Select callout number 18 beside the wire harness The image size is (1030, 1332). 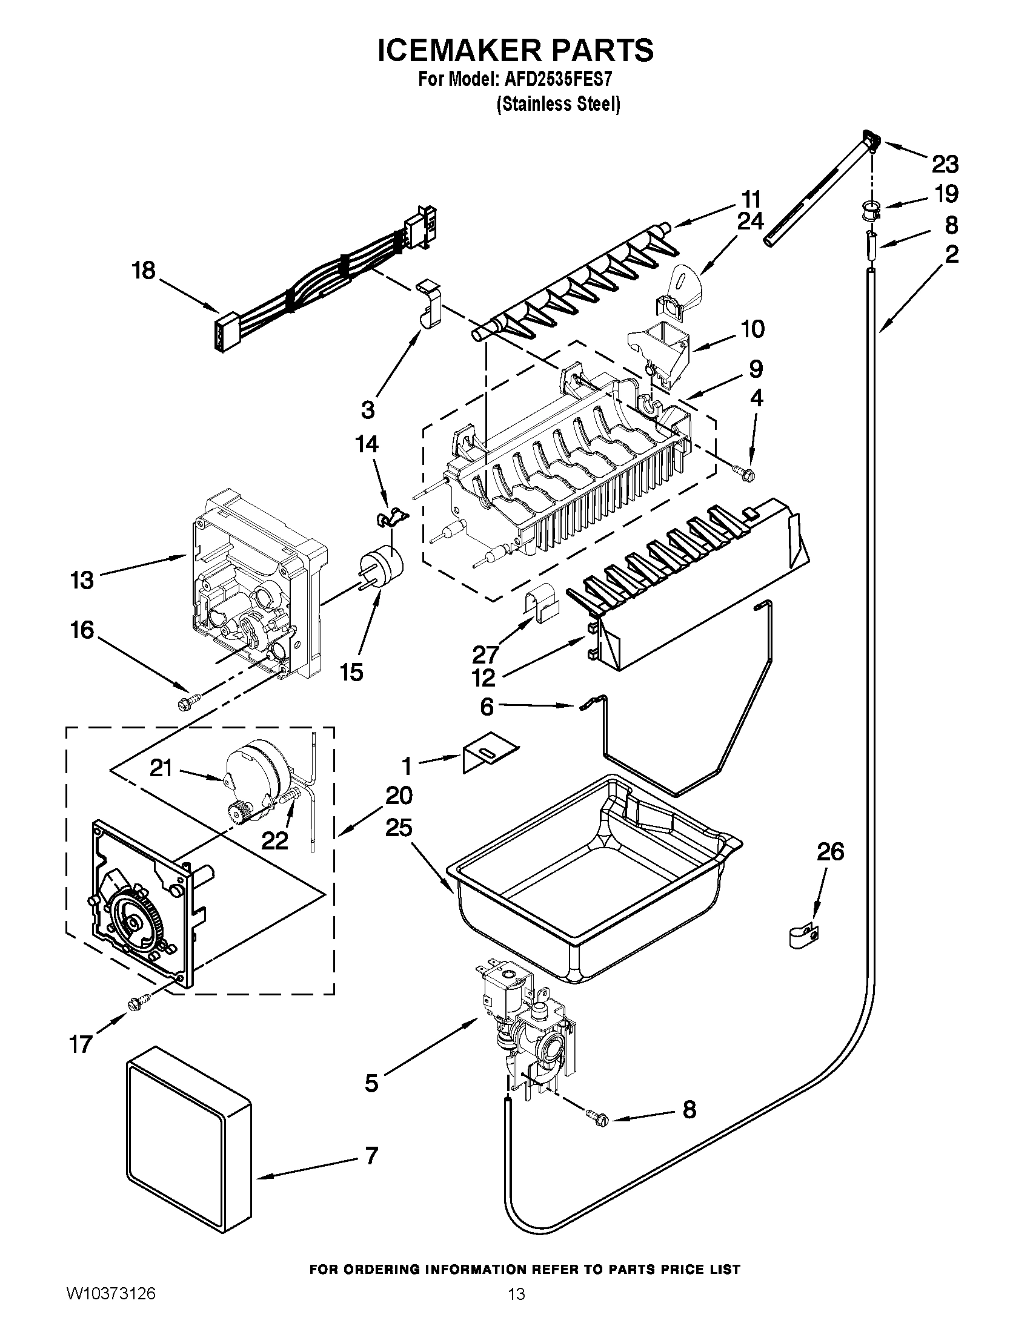144,270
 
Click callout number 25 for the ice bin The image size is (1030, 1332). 399,828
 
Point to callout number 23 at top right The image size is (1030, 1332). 945,164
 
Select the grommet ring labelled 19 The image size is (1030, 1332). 872,209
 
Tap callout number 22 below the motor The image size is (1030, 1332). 274,840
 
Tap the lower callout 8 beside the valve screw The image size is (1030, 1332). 689,1109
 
